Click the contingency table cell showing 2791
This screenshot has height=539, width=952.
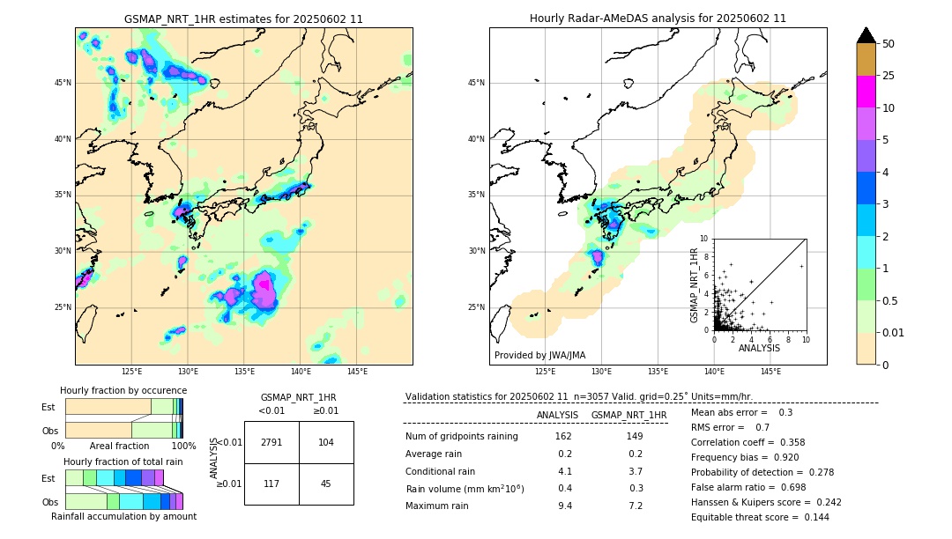(x=271, y=442)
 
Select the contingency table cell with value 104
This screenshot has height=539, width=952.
(x=326, y=442)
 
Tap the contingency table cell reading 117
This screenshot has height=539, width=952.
(x=271, y=483)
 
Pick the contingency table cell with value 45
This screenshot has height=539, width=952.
(x=326, y=483)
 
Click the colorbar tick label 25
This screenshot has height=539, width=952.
(x=889, y=76)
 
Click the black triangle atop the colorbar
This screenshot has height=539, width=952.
(x=866, y=35)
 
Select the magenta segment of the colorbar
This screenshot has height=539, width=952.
(x=866, y=92)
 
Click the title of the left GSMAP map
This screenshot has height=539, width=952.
(x=243, y=18)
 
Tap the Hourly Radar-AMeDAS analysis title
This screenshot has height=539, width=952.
(x=658, y=18)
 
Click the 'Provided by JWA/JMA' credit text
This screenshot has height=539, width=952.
(x=539, y=355)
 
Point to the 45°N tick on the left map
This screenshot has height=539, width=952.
(x=63, y=83)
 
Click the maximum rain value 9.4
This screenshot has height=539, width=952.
(x=565, y=506)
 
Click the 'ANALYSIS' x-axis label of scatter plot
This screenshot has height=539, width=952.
(x=759, y=348)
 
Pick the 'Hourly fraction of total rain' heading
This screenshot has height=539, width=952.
(x=123, y=461)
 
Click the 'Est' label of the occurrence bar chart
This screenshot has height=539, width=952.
(x=48, y=407)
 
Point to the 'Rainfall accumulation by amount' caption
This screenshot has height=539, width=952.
(x=123, y=517)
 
